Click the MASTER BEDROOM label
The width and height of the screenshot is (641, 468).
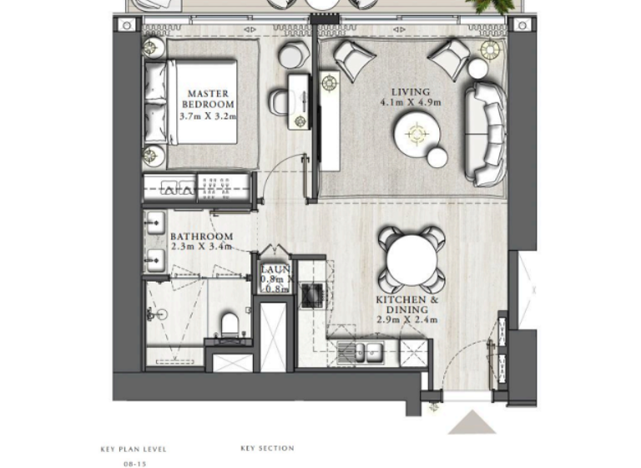(x=208, y=99)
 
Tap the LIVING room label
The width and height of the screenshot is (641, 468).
(x=410, y=91)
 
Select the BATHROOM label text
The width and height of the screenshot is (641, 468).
(x=201, y=237)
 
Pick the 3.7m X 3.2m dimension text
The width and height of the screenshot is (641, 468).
(x=208, y=117)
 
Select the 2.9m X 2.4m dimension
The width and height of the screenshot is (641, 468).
(x=406, y=320)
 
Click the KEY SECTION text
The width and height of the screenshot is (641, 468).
(x=267, y=449)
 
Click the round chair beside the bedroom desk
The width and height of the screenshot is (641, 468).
(x=293, y=56)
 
